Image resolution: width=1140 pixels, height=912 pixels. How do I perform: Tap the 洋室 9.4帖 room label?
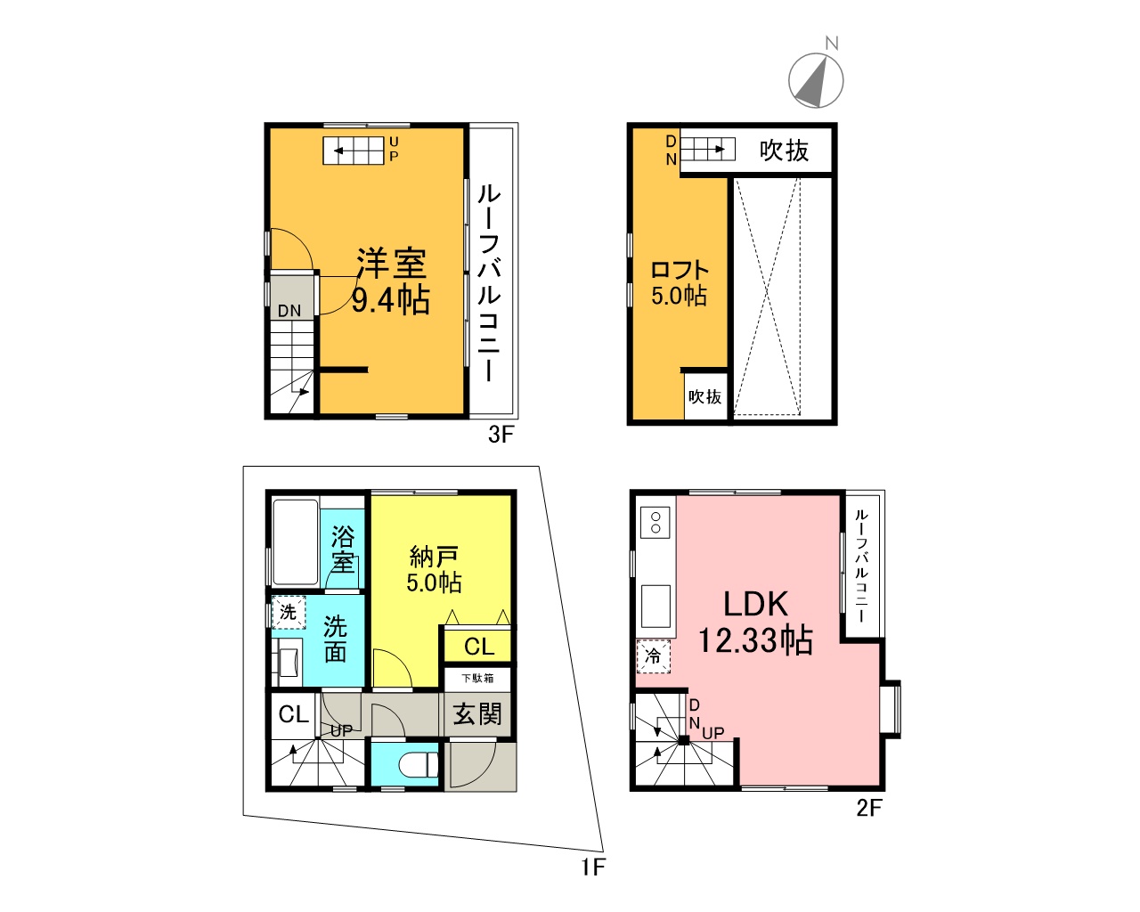[391, 282]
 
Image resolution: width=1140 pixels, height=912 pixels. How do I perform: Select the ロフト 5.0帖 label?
[680, 283]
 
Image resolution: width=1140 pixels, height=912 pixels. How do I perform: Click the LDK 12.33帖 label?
[755, 623]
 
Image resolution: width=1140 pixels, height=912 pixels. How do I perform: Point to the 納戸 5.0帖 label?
[434, 570]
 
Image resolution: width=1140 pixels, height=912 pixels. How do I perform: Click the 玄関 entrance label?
[476, 713]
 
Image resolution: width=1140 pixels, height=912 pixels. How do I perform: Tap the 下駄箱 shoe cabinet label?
[477, 678]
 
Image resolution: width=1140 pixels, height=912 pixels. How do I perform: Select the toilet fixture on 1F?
[418, 765]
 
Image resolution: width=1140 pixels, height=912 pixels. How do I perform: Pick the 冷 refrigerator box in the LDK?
[653, 656]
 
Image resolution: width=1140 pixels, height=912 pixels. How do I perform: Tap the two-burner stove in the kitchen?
[655, 522]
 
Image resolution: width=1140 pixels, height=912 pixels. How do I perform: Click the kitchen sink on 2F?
[655, 607]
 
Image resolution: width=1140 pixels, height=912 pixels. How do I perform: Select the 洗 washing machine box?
[289, 612]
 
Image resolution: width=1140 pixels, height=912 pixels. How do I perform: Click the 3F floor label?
[501, 435]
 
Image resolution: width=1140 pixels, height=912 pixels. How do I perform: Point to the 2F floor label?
[869, 808]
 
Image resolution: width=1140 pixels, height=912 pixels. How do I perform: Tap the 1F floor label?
[593, 867]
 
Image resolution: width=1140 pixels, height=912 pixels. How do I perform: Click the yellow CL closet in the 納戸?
[478, 646]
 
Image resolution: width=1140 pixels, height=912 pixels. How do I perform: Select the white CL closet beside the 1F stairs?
[294, 714]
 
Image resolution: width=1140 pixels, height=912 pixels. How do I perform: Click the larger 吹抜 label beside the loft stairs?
[784, 151]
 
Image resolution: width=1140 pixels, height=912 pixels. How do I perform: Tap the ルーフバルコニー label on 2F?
[861, 566]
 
